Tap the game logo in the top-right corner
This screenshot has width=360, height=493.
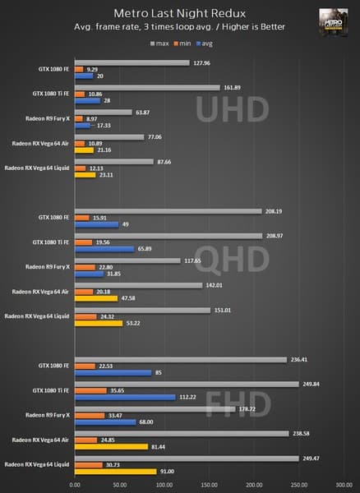(331, 21)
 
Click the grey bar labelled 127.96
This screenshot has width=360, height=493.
(132, 62)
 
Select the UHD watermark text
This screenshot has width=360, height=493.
(219, 108)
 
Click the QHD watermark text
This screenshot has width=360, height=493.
(219, 261)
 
